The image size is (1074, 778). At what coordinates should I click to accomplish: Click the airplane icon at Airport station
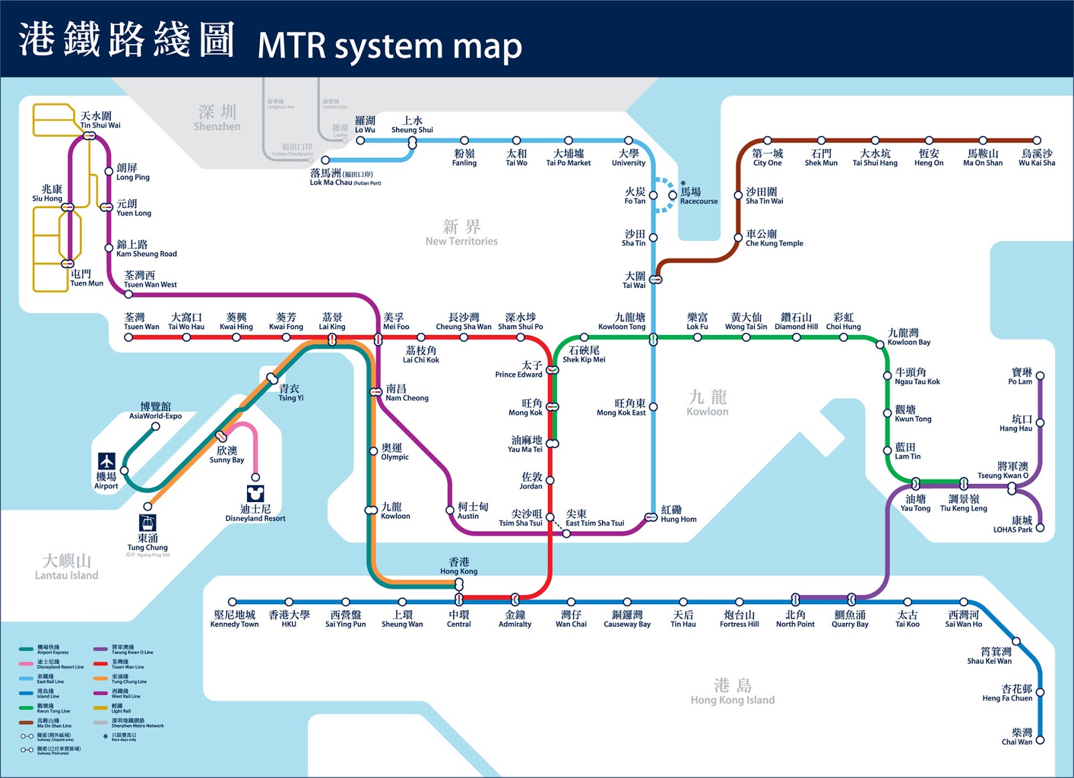(x=107, y=461)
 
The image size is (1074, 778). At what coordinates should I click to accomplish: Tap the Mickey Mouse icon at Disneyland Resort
(x=255, y=494)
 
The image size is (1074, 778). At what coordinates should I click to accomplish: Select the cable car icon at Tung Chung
(x=148, y=522)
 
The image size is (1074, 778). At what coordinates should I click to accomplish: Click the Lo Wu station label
(x=365, y=125)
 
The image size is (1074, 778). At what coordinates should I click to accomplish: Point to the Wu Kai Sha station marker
(x=1037, y=140)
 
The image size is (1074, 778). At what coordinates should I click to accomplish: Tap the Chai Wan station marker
(x=1040, y=740)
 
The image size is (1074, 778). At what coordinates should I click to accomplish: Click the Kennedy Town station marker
(x=232, y=602)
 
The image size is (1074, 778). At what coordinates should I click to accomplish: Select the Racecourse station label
(x=698, y=196)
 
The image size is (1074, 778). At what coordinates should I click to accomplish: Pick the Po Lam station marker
(x=1040, y=376)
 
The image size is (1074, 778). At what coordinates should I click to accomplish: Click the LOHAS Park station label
(x=1013, y=525)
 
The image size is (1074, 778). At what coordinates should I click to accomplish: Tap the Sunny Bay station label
(x=227, y=454)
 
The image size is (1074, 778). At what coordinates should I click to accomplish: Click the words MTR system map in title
(x=389, y=46)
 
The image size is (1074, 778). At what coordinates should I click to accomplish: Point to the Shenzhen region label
(x=217, y=117)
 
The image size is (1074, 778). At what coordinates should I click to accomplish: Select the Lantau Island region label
(x=66, y=567)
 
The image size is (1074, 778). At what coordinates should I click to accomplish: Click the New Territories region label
(x=461, y=232)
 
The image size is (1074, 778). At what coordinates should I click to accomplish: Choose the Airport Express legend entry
(x=52, y=650)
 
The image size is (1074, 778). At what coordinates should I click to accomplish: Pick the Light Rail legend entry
(x=121, y=708)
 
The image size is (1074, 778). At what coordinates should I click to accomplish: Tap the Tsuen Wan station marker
(x=128, y=337)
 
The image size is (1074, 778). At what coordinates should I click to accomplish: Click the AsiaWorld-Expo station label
(x=156, y=411)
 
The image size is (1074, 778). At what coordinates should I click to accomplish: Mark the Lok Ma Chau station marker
(x=326, y=160)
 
